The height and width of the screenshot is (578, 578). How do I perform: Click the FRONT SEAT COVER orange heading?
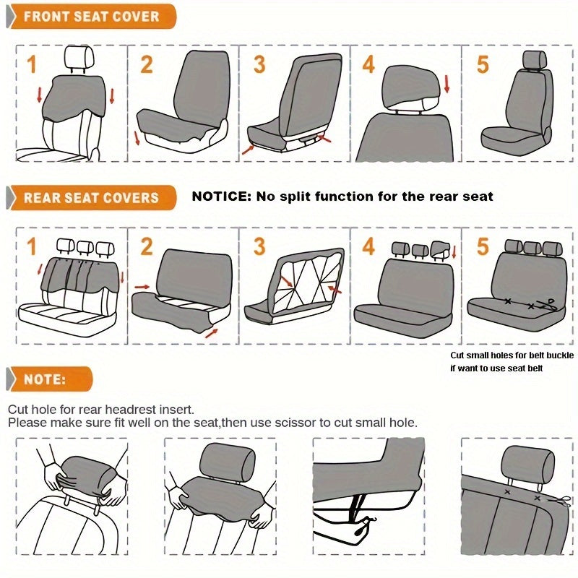click(91, 16)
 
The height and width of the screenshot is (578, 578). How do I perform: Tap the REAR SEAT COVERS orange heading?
click(91, 197)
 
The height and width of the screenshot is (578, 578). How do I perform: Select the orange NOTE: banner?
click(45, 379)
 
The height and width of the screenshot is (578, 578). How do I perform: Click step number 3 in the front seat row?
click(259, 65)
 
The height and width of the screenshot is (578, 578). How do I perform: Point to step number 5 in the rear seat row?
click(483, 246)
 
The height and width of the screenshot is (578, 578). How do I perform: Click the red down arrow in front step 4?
click(447, 85)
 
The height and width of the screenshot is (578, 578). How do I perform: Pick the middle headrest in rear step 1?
click(84, 246)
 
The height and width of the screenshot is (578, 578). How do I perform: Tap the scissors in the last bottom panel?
click(562, 500)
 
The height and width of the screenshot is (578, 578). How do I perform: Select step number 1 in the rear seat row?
click(31, 246)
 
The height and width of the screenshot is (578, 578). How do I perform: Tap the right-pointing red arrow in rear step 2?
click(142, 287)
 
